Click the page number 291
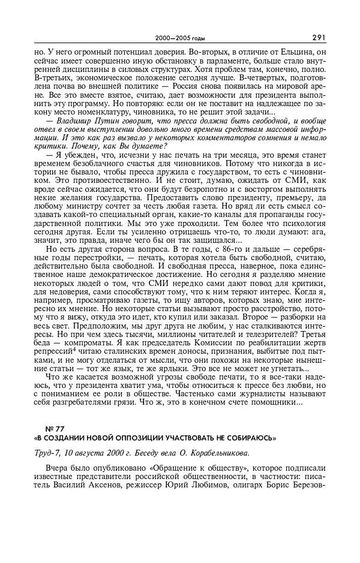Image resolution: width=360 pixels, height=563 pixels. (x=319, y=37)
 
